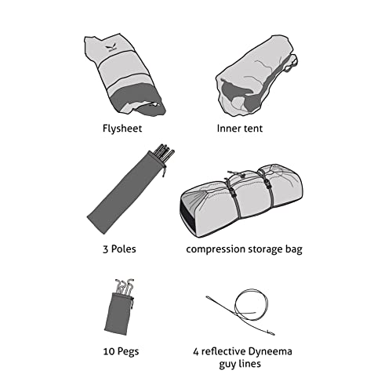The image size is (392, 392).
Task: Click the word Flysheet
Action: [x=122, y=129]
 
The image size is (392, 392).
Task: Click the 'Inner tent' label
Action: [x=240, y=129]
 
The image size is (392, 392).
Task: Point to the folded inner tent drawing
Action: [x=256, y=76]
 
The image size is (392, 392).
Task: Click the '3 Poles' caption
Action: [x=119, y=249]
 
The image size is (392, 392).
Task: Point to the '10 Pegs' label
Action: [x=121, y=351]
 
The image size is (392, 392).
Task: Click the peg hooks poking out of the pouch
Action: [x=125, y=286]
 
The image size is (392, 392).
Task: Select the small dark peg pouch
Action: [x=119, y=314]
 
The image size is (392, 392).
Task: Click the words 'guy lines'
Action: [x=240, y=364]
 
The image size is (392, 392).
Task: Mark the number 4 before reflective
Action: [x=196, y=352]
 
